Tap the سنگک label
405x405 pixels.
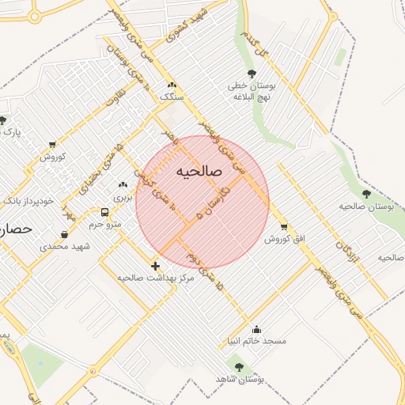click(x=171, y=96)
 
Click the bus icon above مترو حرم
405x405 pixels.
click(x=104, y=213)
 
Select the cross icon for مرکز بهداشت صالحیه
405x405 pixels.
click(x=155, y=266)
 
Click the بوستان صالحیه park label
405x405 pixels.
click(x=366, y=206)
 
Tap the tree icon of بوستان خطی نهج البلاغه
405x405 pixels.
click(x=252, y=74)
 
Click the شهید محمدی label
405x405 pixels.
click(x=66, y=247)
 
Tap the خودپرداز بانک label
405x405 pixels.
click(x=28, y=201)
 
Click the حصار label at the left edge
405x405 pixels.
click(x=16, y=229)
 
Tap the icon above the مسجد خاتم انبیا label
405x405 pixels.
click(x=255, y=329)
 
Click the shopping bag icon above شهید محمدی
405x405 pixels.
click(x=63, y=234)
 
